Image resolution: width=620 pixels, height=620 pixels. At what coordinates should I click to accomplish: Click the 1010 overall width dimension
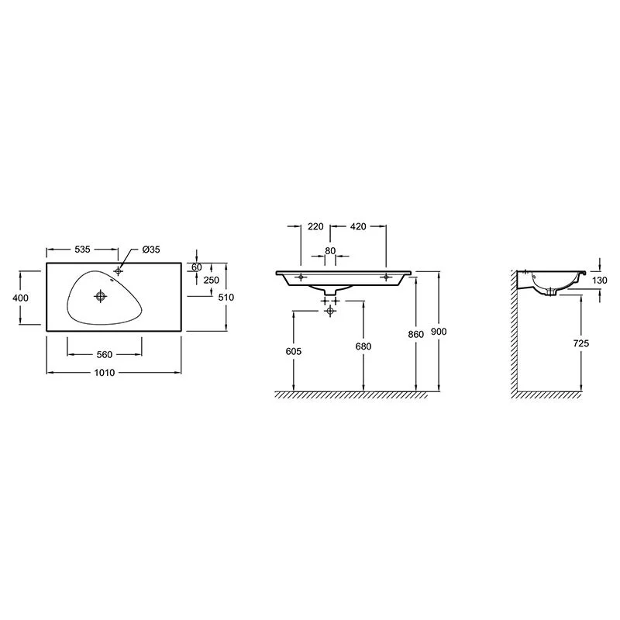point(105,373)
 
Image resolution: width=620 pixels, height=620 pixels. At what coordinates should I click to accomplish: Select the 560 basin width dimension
point(105,355)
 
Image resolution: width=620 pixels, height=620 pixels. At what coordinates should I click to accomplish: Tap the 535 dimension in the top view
point(82,250)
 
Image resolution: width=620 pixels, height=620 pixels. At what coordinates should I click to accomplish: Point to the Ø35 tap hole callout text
point(151,250)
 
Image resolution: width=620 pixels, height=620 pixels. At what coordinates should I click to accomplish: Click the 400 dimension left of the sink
point(20,298)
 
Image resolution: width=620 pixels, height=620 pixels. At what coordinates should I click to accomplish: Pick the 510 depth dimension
point(226,298)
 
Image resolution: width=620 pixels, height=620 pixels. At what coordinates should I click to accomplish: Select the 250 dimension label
point(211,280)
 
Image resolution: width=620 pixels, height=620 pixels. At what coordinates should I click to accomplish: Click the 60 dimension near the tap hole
point(197,267)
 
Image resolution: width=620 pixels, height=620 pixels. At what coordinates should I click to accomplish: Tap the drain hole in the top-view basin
point(101,296)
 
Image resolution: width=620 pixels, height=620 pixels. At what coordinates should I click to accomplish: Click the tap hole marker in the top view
point(118,270)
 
